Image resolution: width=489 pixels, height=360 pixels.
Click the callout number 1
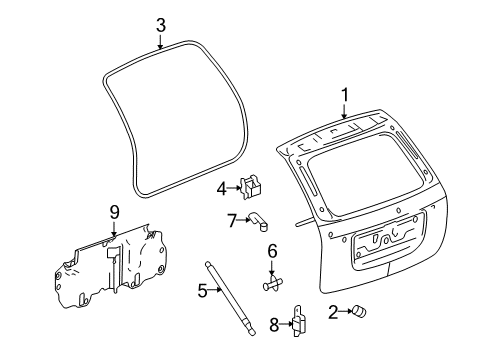[x=344, y=95]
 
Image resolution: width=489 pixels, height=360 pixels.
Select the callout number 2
[x=333, y=313]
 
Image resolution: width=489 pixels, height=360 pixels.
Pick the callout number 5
[x=201, y=292]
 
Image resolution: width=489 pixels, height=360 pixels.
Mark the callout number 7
[x=231, y=220]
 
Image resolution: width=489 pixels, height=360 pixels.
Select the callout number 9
[x=114, y=211]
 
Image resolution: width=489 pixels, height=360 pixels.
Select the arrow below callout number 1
[x=344, y=112]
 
